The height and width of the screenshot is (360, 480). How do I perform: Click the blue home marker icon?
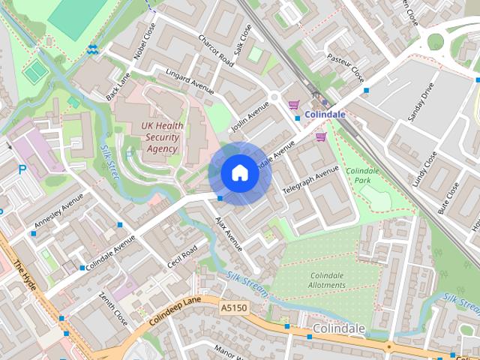pos(239,173)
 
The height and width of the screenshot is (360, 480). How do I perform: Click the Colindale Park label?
pos(364,175)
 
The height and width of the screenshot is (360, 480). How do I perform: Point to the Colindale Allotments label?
pos(327,280)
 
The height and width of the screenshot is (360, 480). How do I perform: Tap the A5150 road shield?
pos(233,307)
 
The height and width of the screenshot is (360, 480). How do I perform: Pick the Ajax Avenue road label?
pos(229,234)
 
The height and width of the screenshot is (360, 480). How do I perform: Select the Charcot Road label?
pos(216,49)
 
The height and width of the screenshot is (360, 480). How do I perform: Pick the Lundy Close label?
pos(424,169)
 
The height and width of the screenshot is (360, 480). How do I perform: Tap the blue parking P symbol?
pos(22,170)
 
